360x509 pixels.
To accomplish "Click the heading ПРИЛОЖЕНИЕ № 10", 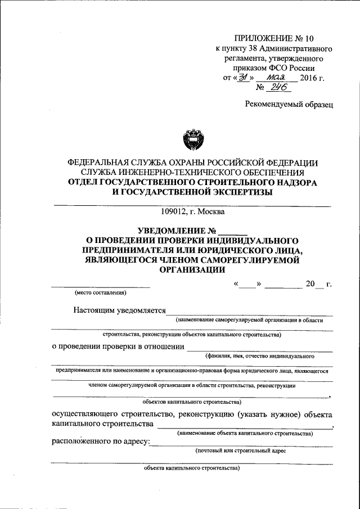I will [x=273, y=39].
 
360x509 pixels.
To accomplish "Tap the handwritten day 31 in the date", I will [x=244, y=78].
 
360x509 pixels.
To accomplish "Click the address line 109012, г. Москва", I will [x=192, y=212].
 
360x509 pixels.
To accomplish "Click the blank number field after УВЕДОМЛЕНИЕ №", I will [x=232, y=230].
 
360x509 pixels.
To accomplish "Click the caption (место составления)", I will [x=101, y=292].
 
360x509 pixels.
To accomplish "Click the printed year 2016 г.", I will [x=313, y=78].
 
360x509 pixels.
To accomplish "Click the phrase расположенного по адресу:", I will [x=100, y=442].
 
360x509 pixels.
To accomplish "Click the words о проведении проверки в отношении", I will [x=118, y=346].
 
